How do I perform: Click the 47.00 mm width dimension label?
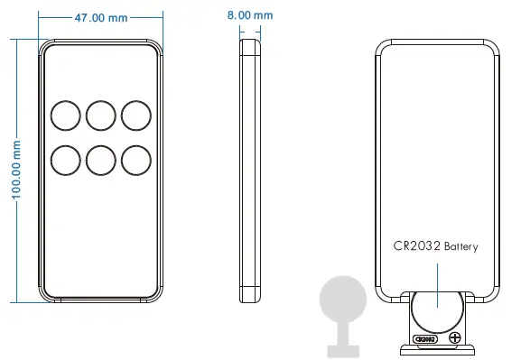point(101,17)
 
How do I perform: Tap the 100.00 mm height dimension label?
point(16,170)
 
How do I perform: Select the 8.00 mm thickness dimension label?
point(250,15)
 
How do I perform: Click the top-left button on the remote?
point(66,115)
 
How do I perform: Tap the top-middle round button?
point(101,115)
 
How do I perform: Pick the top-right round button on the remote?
point(136,115)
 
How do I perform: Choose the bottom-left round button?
point(66,161)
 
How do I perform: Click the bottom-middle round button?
point(101,161)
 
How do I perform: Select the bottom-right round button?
point(136,161)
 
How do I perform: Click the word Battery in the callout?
point(461,246)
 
